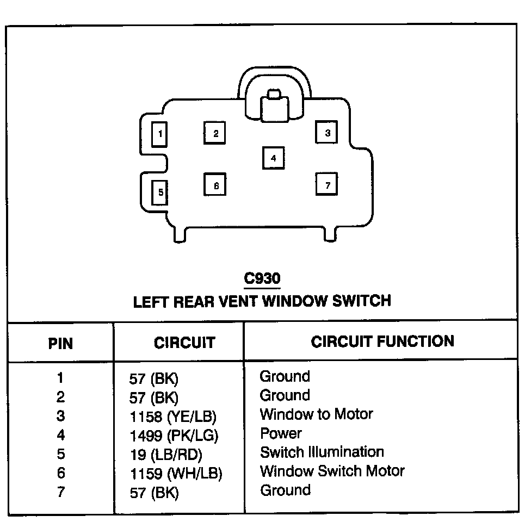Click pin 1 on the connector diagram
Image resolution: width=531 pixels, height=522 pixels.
[160, 133]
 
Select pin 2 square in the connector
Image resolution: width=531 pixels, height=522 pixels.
[215, 133]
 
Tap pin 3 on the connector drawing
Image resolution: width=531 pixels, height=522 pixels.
[327, 132]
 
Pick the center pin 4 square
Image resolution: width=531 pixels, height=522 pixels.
[273, 158]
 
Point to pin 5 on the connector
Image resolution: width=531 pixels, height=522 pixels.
[160, 192]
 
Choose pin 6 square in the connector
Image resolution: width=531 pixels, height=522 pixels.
[215, 185]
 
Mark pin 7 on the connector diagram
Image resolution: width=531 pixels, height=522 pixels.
[327, 185]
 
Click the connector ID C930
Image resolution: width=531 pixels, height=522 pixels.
[262, 278]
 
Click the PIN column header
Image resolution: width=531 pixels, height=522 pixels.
[60, 344]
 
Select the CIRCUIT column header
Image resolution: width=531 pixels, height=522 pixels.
[184, 343]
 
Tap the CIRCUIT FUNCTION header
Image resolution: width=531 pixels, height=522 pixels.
[382, 341]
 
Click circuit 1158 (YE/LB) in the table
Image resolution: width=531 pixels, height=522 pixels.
[173, 417]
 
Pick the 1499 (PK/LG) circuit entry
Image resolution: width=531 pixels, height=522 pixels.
[174, 436]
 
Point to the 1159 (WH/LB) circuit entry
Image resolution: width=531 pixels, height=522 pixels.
[176, 474]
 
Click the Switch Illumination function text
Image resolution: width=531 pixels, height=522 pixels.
[322, 452]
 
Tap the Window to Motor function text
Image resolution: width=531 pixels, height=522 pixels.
[316, 414]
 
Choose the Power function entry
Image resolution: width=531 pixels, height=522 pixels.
[281, 433]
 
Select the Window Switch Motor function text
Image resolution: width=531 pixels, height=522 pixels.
[332, 471]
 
